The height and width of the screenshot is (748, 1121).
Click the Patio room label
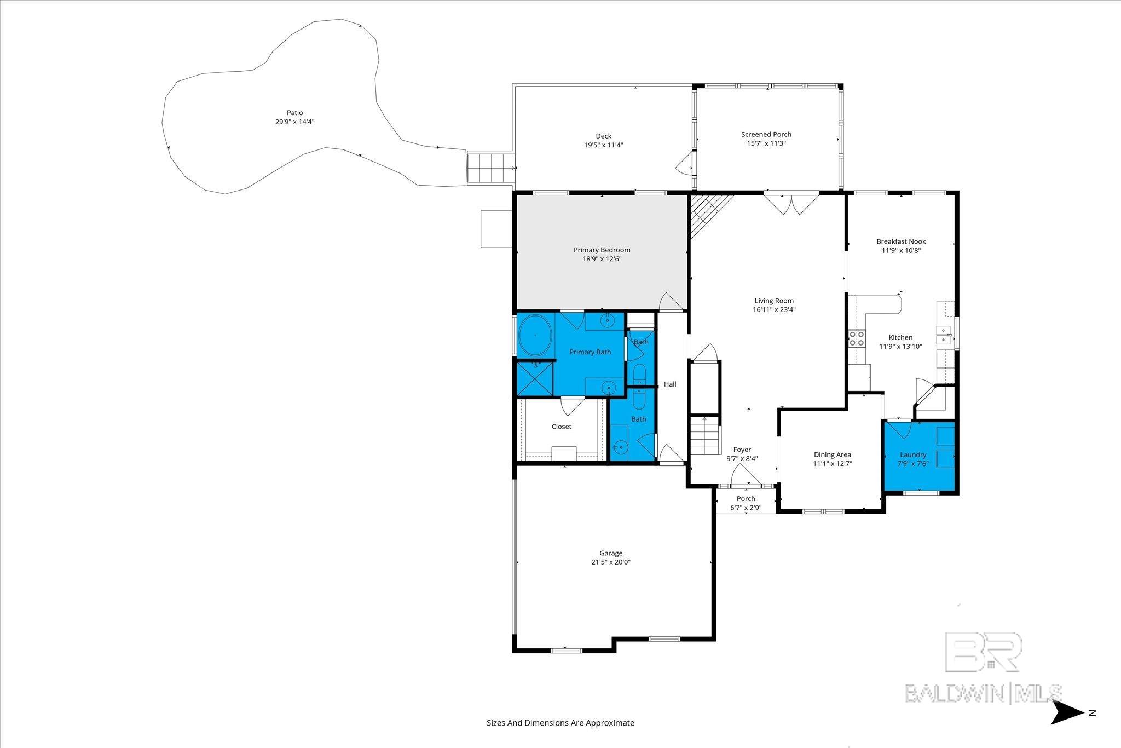(x=294, y=113)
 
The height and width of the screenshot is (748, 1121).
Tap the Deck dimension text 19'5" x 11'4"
(x=603, y=145)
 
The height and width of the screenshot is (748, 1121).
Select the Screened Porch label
(x=766, y=134)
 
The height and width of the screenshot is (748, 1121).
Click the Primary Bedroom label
(x=602, y=250)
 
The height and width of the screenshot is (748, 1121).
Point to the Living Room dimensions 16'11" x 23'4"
(x=774, y=309)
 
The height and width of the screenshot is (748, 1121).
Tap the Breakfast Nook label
(x=901, y=241)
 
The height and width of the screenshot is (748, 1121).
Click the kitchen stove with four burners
(x=857, y=338)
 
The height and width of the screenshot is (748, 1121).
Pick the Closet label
(x=561, y=427)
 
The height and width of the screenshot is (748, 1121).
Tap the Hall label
(x=670, y=384)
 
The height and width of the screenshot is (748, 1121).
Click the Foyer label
(x=742, y=450)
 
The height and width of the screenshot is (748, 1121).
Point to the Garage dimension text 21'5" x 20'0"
(x=611, y=562)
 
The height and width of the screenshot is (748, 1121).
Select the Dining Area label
(x=832, y=454)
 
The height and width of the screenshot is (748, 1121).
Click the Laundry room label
(x=913, y=454)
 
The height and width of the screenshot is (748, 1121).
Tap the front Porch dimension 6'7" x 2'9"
(x=746, y=508)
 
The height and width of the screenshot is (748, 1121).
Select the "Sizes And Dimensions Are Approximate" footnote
(x=560, y=723)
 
